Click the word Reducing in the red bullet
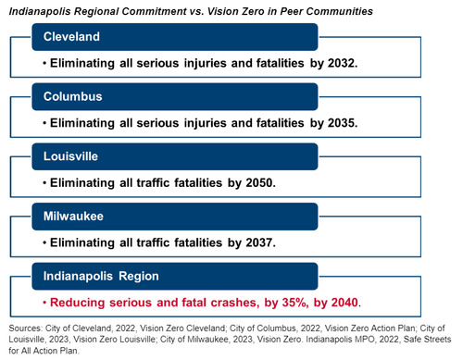click(x=77, y=303)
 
